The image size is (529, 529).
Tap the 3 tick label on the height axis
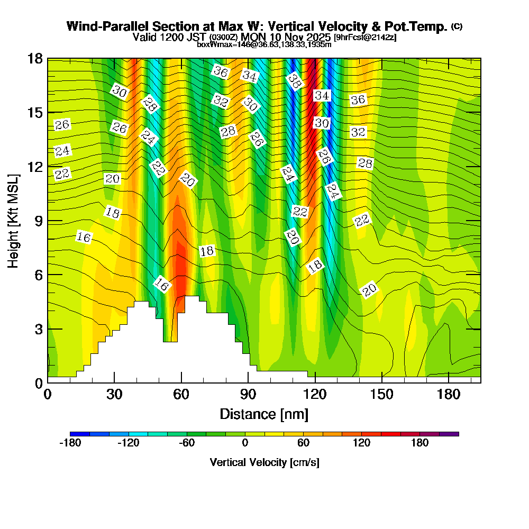coord(38,329)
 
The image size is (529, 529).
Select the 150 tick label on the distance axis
coord(382,395)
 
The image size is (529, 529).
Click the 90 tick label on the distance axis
coord(248,395)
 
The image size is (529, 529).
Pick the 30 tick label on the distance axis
coord(114,395)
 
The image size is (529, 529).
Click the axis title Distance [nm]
coord(264,414)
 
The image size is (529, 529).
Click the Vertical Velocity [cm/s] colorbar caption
coord(264,462)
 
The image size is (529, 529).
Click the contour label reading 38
coord(295,81)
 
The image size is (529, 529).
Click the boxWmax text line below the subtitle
coord(264,45)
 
